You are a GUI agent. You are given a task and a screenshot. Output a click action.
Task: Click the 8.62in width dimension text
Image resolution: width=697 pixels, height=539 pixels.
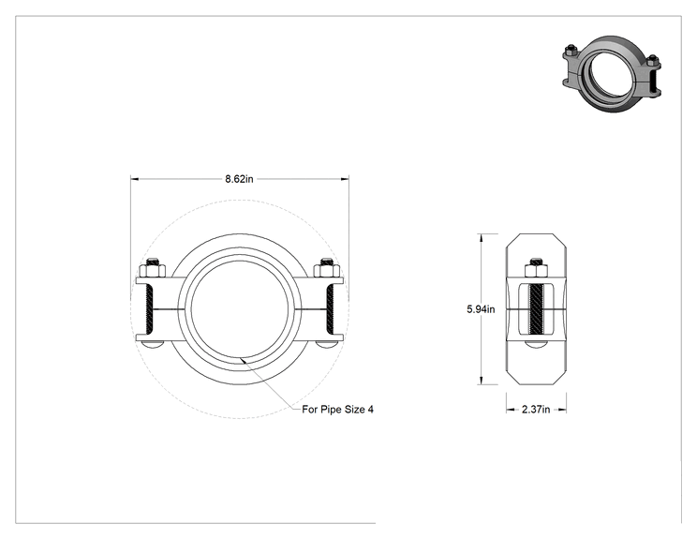(239, 179)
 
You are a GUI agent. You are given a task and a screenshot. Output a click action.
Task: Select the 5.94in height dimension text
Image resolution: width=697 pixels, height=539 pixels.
(481, 309)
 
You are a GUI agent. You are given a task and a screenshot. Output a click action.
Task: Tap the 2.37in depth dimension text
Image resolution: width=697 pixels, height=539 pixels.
(536, 409)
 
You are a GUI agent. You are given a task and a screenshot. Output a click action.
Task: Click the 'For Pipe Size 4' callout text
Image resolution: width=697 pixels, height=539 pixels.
(337, 409)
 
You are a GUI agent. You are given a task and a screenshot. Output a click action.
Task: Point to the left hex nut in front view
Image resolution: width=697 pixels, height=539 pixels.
(153, 270)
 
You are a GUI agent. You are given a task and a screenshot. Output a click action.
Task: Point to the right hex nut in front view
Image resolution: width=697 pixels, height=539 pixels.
(327, 270)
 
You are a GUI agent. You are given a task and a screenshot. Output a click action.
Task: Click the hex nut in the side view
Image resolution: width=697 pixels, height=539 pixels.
(536, 270)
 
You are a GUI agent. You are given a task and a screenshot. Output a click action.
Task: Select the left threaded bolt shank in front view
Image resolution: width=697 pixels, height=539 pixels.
(149, 309)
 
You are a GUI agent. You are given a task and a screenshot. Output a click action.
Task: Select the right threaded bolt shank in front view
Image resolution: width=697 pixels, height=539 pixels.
(331, 309)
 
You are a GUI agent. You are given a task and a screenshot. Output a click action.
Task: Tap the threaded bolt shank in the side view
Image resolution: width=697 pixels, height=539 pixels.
(536, 309)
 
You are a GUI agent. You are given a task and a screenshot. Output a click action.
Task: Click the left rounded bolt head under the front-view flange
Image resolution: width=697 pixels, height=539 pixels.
(153, 345)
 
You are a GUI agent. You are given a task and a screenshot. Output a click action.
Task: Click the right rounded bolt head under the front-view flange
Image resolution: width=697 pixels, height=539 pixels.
(327, 345)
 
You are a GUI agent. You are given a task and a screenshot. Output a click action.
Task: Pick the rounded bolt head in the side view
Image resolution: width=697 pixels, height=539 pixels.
(536, 344)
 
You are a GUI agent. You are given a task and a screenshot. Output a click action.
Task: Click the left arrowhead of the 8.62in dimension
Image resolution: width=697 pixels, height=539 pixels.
(135, 179)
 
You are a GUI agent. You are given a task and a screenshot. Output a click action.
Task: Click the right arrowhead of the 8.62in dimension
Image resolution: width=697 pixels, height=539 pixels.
(345, 179)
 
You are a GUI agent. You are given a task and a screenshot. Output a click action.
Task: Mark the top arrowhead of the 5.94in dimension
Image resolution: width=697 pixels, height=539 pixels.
(481, 238)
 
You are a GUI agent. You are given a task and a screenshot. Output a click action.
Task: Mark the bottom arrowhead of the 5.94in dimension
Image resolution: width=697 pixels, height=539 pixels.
(481, 381)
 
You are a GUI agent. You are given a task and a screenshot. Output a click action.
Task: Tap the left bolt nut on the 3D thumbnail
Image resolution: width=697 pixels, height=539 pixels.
(571, 51)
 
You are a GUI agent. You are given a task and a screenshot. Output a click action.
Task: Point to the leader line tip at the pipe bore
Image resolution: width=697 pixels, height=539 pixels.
(241, 358)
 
